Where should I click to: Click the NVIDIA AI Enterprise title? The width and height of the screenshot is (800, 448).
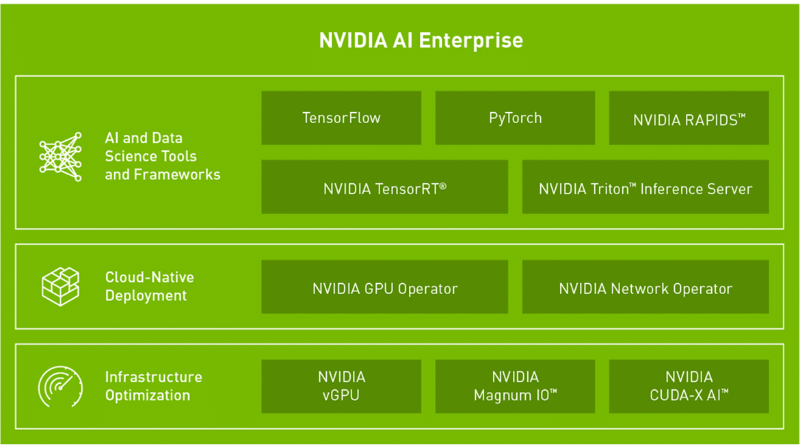(421, 40)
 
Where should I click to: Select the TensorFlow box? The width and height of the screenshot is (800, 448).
(341, 118)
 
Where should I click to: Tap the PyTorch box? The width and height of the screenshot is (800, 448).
(515, 118)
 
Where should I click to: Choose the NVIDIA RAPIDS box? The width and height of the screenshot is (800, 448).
(689, 118)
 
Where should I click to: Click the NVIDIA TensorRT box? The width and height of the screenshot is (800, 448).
(385, 187)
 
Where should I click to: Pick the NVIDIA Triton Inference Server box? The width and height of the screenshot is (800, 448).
(645, 187)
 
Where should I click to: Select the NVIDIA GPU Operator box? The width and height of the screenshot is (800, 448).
(385, 287)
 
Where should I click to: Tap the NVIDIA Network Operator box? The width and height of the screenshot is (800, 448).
(645, 287)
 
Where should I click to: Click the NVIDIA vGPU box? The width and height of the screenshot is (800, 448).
(341, 386)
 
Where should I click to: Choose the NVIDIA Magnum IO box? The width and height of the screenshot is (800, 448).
(515, 386)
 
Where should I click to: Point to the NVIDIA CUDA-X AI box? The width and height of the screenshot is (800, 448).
(689, 386)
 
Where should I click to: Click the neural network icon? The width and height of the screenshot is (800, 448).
(61, 157)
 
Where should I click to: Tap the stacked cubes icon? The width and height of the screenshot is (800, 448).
(60, 287)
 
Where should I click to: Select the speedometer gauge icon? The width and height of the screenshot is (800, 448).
(60, 386)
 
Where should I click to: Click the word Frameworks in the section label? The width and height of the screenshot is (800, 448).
(177, 174)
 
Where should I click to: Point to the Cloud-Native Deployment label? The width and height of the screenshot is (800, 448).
(150, 287)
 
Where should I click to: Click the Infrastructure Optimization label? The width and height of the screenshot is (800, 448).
(154, 386)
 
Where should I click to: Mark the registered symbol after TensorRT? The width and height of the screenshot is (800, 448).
(443, 186)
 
